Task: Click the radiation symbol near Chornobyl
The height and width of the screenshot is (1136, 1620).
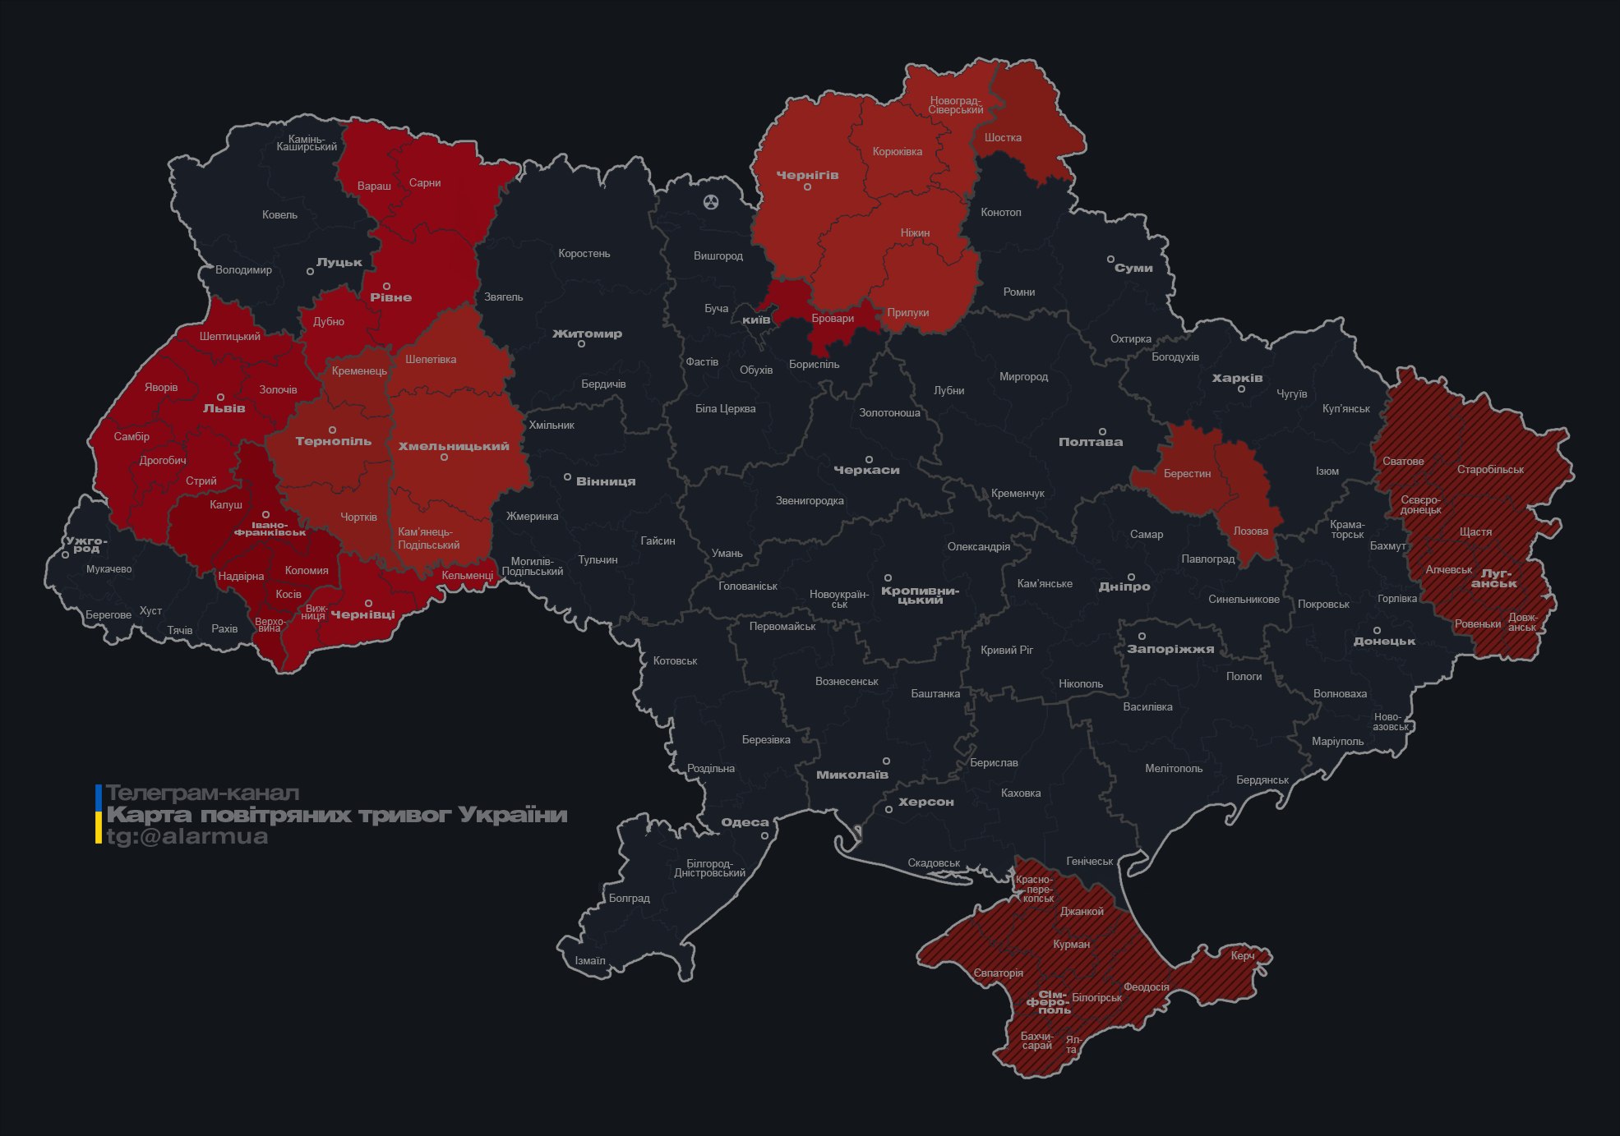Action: (x=710, y=201)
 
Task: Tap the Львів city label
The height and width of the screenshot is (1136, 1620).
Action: (x=224, y=408)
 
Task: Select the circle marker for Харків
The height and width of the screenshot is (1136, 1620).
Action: (x=1241, y=389)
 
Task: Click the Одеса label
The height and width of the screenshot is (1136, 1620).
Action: (x=745, y=822)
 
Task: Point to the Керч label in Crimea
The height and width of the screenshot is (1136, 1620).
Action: (x=1243, y=955)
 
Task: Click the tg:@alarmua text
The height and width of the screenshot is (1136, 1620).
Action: (x=187, y=836)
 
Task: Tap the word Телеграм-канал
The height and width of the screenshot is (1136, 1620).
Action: (x=202, y=793)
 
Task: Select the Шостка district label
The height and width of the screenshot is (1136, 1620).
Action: (x=1003, y=137)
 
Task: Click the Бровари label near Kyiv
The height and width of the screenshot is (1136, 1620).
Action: (x=833, y=319)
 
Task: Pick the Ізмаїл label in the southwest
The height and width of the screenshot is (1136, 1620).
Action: (x=589, y=960)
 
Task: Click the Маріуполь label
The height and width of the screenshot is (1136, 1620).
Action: (x=1337, y=741)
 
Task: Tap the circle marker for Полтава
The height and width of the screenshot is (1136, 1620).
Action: (x=1102, y=431)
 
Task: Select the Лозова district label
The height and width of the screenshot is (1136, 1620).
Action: (x=1250, y=531)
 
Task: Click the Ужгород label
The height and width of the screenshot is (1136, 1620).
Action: (x=86, y=545)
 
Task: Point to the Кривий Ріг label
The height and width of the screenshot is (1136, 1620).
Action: (x=1007, y=650)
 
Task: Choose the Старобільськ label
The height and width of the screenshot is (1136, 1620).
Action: (x=1490, y=470)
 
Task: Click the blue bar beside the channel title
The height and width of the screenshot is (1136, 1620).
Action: (x=99, y=796)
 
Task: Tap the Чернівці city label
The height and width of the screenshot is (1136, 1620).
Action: (x=362, y=614)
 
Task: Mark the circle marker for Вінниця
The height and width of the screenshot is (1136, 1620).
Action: (x=567, y=477)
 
